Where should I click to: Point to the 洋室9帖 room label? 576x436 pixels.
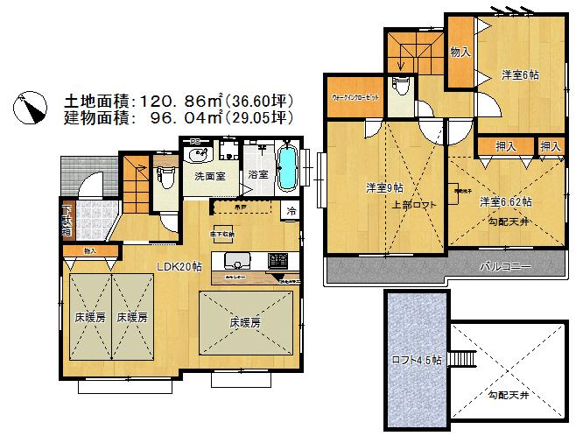(x=384, y=187)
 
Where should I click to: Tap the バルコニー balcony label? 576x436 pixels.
(x=507, y=266)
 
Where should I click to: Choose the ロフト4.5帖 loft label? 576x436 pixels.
(x=417, y=359)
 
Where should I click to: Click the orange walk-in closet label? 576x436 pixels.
(x=355, y=97)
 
